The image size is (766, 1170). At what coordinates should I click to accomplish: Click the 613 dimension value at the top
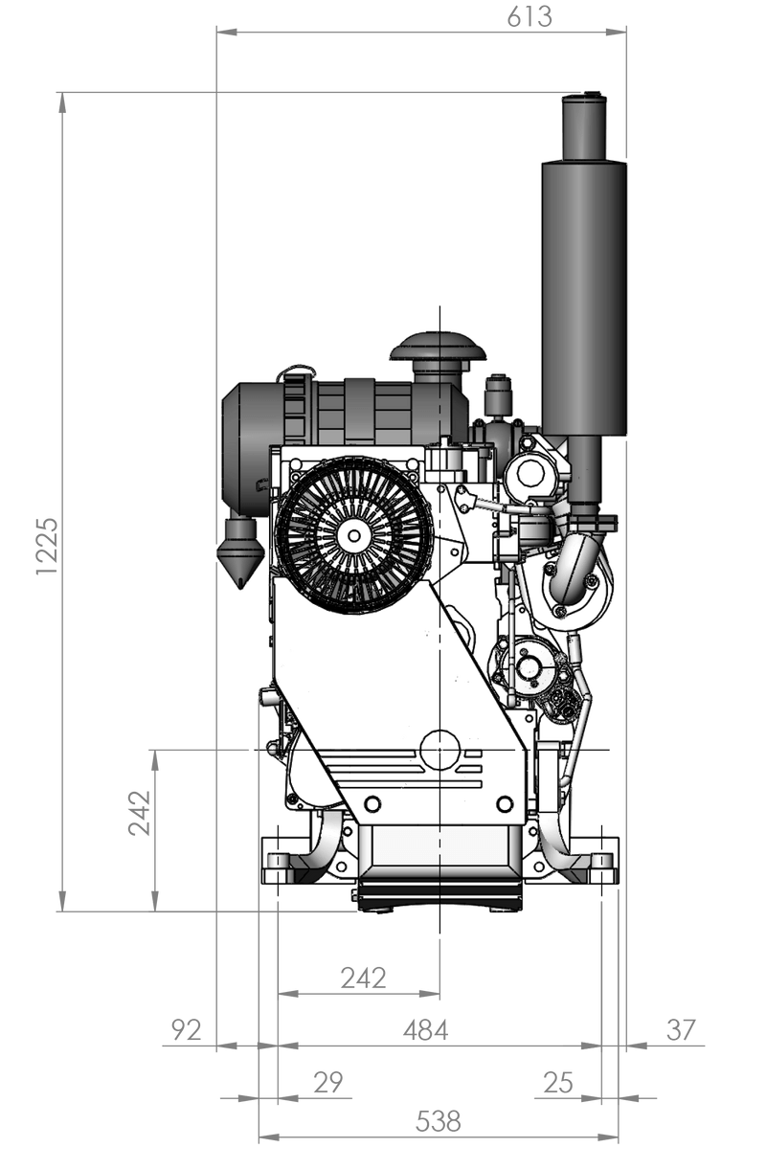pos(529,17)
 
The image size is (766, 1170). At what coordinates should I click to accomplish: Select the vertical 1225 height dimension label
pos(47,547)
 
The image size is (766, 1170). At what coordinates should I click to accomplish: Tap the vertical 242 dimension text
pos(140,813)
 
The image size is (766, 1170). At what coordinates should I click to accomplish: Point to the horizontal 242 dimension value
pos(363,979)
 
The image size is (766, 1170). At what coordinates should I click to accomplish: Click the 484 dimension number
pos(425,1030)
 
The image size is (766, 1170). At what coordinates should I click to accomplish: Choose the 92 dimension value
pos(186,1030)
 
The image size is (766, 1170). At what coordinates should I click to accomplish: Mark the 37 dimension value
pos(681,1030)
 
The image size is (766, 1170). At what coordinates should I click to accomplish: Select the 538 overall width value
pos(438,1121)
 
